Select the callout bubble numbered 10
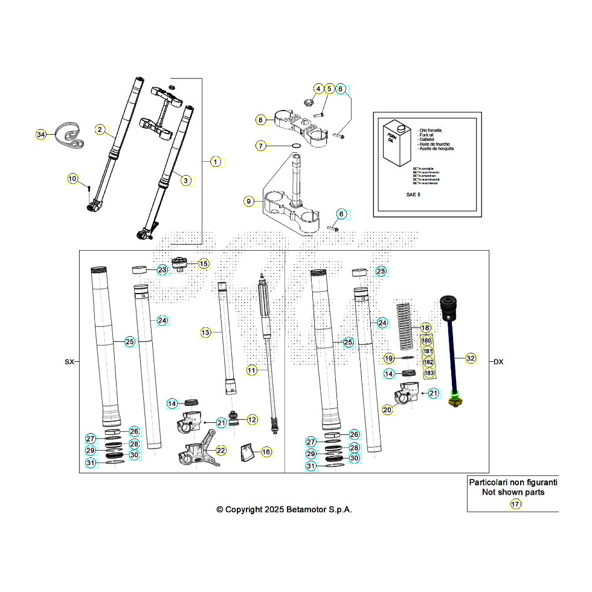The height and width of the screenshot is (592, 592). tap(72, 178)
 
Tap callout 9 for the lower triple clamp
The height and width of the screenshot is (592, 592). tap(248, 201)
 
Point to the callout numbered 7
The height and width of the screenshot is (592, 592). tap(260, 146)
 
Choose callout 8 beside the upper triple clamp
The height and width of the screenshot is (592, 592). tap(260, 120)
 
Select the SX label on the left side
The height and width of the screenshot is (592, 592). tap(69, 362)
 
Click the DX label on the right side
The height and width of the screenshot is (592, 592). tap(498, 362)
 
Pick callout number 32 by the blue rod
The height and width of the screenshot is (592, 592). tap(471, 358)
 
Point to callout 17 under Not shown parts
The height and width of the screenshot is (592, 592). tap(515, 504)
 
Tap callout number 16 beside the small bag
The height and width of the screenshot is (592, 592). tap(266, 452)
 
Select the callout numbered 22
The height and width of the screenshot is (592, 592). tap(221, 449)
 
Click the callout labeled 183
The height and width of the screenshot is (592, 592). tap(429, 373)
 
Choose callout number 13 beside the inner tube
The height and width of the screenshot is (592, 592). tap(206, 332)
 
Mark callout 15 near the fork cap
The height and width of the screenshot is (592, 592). tap(204, 263)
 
